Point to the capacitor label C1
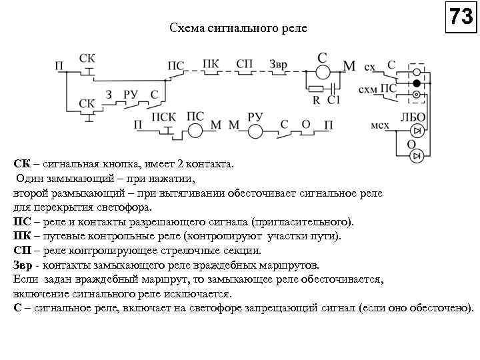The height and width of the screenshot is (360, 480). point(333,100)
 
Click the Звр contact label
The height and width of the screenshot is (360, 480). point(279,63)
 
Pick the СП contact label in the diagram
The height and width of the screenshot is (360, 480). point(245,63)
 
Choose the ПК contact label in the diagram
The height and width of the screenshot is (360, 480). point(210,63)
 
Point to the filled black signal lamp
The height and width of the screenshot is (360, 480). point(417,83)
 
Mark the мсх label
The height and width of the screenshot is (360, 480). point(383,125)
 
